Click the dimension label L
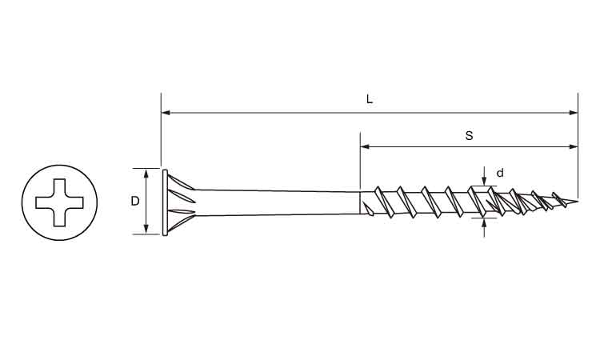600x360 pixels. point(370,99)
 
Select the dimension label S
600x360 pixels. point(469,135)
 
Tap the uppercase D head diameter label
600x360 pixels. point(135,201)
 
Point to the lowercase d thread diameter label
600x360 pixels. point(500,174)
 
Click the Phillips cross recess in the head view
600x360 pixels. point(59,202)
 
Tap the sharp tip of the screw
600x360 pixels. point(577,201)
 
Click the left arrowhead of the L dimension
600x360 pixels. point(166,113)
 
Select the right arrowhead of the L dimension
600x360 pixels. point(574,113)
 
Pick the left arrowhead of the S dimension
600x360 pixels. point(365,146)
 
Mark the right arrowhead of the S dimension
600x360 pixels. point(574,146)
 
